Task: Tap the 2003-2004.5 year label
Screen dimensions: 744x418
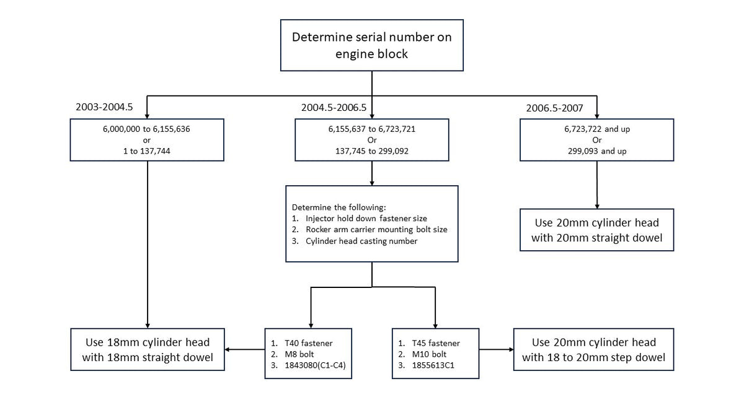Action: click(x=104, y=107)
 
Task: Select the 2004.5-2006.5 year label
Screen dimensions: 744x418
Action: click(x=334, y=108)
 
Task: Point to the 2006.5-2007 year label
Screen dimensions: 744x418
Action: click(x=554, y=108)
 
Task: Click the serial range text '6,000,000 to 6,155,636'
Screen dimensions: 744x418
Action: click(x=146, y=129)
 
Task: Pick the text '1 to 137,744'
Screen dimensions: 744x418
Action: click(x=146, y=151)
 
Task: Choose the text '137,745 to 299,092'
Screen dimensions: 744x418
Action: click(x=371, y=151)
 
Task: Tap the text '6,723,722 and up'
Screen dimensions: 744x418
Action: click(x=597, y=129)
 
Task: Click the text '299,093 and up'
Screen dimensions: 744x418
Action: click(x=597, y=151)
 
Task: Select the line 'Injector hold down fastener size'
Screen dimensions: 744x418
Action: click(x=366, y=218)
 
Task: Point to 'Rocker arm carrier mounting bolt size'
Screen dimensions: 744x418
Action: click(x=376, y=230)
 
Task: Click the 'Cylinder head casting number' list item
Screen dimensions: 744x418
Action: click(x=361, y=241)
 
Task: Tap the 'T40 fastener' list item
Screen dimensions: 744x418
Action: click(x=309, y=343)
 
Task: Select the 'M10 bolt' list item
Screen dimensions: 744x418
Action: click(x=429, y=354)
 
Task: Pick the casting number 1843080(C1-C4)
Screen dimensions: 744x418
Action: click(x=315, y=365)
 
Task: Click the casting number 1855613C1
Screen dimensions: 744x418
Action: click(x=433, y=365)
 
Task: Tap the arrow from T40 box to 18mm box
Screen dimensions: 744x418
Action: click(x=245, y=349)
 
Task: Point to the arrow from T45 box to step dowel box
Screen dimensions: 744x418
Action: click(x=496, y=349)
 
